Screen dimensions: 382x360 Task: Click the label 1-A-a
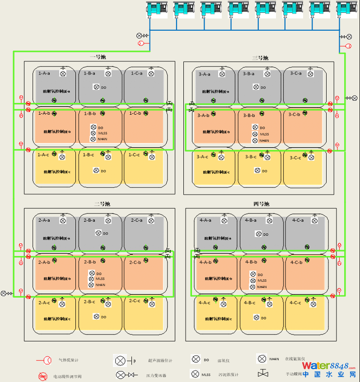(44, 73)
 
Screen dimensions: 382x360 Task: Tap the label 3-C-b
(294, 115)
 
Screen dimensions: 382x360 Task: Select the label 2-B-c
(89, 302)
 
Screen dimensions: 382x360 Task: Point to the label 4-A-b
(206, 262)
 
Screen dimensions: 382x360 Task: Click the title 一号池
(98, 57)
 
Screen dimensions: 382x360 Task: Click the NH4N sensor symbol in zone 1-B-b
(93, 139)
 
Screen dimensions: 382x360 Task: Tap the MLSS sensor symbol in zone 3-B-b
(255, 134)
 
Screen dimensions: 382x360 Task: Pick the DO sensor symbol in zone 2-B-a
(98, 233)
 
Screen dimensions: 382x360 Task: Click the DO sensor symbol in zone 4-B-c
(257, 317)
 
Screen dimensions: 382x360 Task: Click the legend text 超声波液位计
(160, 360)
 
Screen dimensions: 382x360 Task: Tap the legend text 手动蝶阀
(294, 374)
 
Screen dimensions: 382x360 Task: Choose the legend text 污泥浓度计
(228, 375)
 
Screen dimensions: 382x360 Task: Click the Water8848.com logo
(329, 369)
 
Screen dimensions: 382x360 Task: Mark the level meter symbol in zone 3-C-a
(310, 73)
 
